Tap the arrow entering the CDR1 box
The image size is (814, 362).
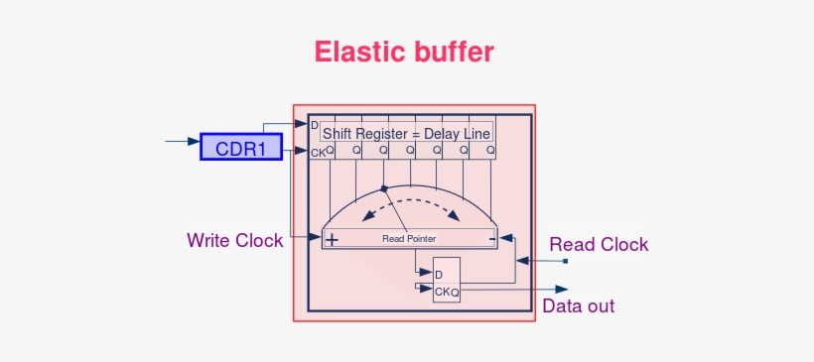(x=183, y=142)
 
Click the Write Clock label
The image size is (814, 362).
(x=235, y=240)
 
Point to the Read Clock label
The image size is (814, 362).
(x=599, y=244)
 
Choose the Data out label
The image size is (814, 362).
(x=579, y=305)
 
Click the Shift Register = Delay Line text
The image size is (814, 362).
(x=406, y=133)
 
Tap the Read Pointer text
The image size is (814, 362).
(x=409, y=239)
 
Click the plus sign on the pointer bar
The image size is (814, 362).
(x=332, y=239)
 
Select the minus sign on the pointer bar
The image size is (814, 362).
(x=491, y=238)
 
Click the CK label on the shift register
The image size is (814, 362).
(x=317, y=152)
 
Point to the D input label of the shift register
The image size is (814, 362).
(x=315, y=126)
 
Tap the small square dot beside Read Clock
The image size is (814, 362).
(x=565, y=261)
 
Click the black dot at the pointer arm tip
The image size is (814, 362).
(x=384, y=187)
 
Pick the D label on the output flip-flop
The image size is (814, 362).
(x=439, y=274)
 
